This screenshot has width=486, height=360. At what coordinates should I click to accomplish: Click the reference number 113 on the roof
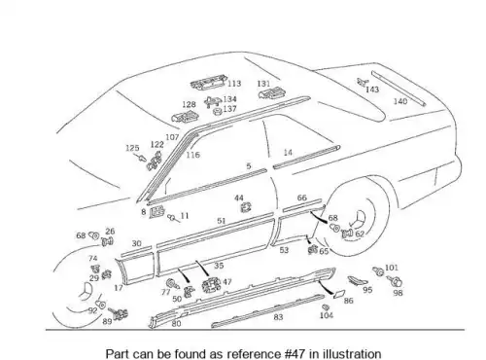tap(234, 84)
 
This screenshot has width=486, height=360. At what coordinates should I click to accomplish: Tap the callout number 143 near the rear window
tap(372, 90)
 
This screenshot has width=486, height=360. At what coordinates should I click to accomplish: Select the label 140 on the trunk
tap(400, 101)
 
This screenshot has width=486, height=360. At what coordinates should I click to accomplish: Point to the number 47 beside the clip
tap(227, 282)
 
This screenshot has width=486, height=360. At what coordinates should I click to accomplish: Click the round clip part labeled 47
tap(211, 285)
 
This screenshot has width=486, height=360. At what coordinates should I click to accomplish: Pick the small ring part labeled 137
tap(217, 112)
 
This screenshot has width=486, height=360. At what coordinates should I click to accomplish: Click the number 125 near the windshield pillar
tap(132, 148)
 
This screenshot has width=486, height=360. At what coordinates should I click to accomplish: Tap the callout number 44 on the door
tap(239, 198)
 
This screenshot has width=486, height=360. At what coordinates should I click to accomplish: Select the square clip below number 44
tap(247, 207)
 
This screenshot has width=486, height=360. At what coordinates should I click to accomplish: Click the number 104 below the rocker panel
tap(327, 315)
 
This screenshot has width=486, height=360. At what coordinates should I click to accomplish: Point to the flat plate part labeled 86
tap(339, 294)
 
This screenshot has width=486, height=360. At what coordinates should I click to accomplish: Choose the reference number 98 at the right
tap(398, 293)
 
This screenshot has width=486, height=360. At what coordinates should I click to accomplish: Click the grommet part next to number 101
tap(378, 271)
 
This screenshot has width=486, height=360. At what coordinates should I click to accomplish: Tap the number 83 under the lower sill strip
tap(278, 317)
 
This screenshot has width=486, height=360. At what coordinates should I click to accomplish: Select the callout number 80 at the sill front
tap(176, 323)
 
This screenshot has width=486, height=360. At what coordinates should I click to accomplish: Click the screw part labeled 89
tap(119, 313)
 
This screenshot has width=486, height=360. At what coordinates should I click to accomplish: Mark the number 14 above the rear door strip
tap(288, 152)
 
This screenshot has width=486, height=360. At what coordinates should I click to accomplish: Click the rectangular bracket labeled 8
tap(157, 212)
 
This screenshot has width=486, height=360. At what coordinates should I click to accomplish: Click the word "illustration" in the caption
tap(352, 353)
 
